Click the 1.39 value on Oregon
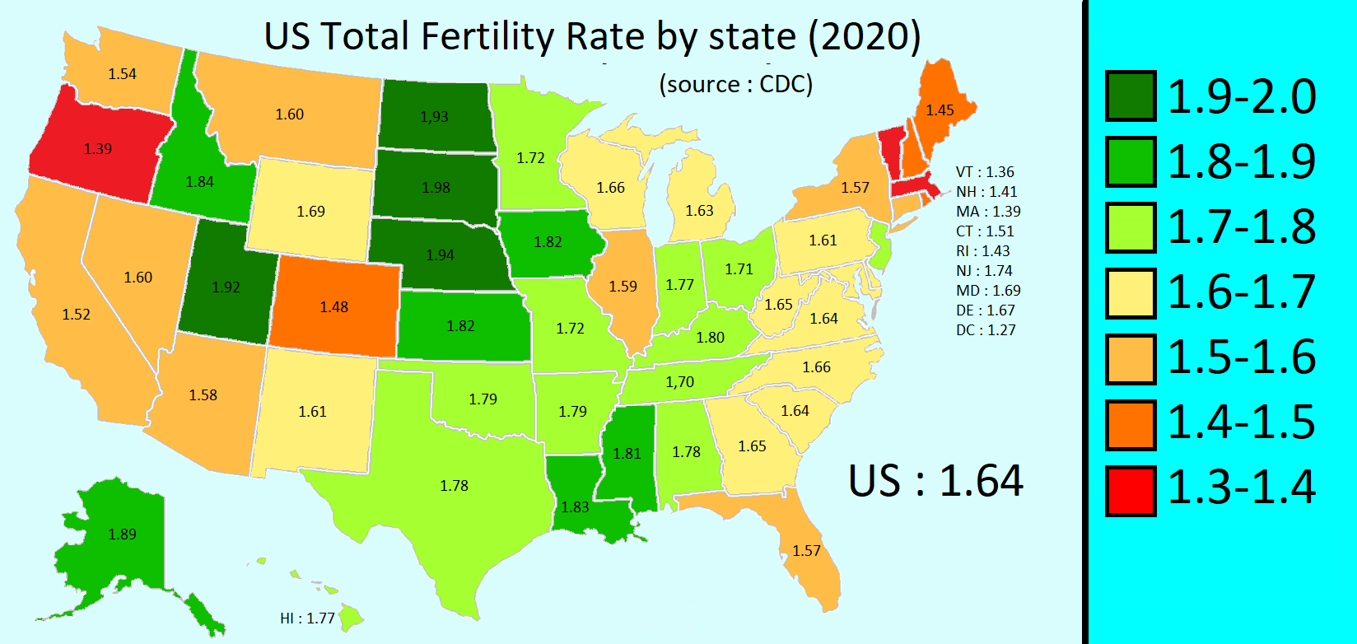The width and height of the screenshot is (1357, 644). point(97,149)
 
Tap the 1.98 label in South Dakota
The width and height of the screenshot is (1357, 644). point(436,188)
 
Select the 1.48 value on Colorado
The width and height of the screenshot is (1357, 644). point(333,307)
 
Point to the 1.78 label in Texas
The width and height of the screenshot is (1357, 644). point(454,486)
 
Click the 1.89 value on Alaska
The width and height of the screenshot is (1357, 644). point(122,534)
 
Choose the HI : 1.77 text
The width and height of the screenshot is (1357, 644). point(307,618)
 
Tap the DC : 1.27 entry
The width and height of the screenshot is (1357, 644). point(986,330)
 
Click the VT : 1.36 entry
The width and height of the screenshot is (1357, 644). point(985,172)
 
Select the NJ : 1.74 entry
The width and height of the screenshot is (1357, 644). point(984,271)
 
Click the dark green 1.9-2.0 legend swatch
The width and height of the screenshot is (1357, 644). point(1131,96)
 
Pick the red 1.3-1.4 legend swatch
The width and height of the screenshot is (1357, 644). point(1131,491)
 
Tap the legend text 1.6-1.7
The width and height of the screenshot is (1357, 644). point(1242,292)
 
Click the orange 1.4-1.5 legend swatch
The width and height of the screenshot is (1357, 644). point(1131,425)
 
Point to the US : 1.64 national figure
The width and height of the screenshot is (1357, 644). point(935,481)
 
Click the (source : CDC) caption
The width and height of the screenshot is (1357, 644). point(735,84)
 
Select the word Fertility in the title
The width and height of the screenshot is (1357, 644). point(490,37)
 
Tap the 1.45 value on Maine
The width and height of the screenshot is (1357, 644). point(940,110)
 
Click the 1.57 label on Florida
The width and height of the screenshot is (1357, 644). point(806,551)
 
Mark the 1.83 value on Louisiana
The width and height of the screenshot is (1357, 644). point(575,507)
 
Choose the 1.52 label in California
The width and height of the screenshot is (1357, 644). point(76,315)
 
